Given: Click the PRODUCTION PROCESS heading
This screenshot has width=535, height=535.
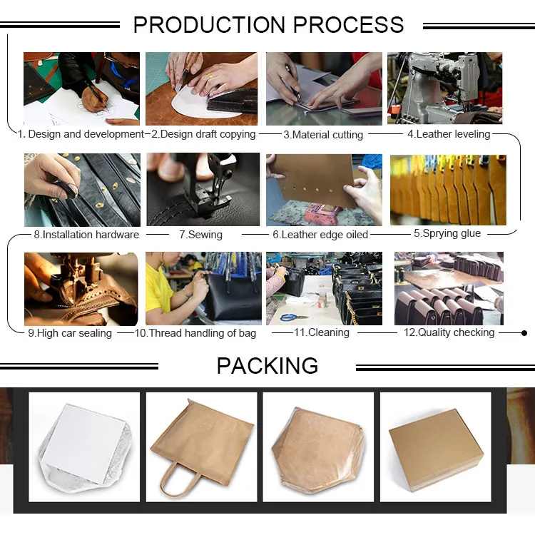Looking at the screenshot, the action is (268, 24).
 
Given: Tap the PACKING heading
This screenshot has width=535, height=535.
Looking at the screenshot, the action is (267, 365).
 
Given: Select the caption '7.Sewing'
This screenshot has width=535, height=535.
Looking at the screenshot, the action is (200, 235).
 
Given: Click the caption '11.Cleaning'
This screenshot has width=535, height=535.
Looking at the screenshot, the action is (322, 332).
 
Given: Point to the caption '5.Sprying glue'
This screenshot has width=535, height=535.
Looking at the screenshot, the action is (447, 233).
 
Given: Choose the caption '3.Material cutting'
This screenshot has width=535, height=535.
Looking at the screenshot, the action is (323, 135).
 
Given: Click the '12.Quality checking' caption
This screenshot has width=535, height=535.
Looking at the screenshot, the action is (449, 332).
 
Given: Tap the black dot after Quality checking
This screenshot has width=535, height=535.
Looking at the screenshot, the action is (524, 333).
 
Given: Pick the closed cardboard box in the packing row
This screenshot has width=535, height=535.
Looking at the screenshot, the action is (437, 449).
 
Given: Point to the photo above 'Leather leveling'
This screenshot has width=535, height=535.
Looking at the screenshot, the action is (445, 88).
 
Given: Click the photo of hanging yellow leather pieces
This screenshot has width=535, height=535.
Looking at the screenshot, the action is (448, 190).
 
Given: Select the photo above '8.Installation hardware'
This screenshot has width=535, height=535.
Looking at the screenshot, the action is (82, 190).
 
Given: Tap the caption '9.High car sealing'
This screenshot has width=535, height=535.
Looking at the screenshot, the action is (70, 333).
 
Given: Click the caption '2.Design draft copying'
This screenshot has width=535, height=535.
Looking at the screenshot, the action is (203, 134).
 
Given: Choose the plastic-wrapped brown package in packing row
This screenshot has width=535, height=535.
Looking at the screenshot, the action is (317, 449).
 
